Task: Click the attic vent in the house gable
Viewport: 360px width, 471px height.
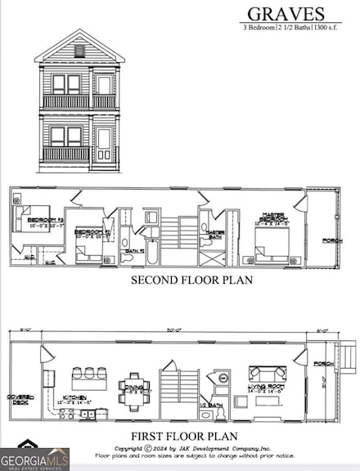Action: click(79, 51)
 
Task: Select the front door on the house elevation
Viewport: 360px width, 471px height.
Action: click(104, 144)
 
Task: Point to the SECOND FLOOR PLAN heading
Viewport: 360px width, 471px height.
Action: click(191, 280)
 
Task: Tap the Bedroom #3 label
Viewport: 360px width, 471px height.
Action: click(34, 221)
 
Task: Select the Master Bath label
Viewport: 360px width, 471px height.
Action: click(216, 234)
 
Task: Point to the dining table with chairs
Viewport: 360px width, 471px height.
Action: click(134, 384)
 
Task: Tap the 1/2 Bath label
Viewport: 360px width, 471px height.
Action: click(215, 404)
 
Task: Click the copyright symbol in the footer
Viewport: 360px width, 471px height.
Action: click(147, 448)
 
